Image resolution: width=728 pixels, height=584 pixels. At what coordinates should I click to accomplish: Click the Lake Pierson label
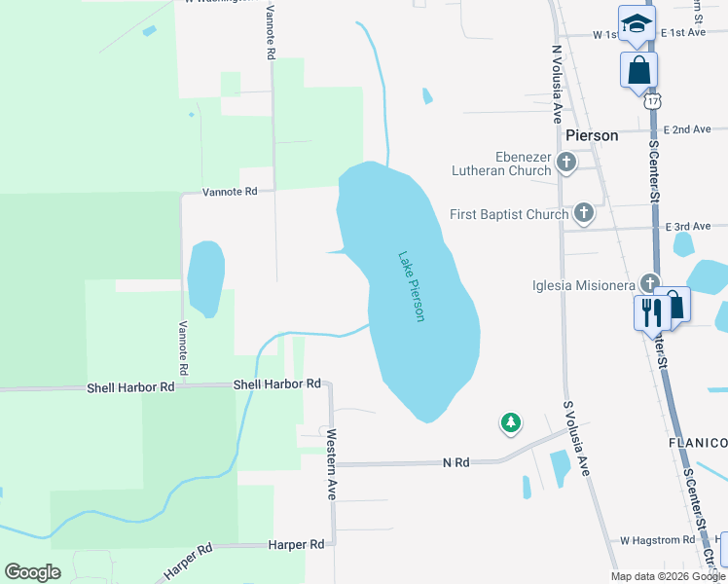[x=412, y=287]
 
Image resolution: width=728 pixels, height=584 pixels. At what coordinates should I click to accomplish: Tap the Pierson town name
[x=591, y=135]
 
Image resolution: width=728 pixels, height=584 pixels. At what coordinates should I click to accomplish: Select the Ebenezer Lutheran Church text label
[x=501, y=164]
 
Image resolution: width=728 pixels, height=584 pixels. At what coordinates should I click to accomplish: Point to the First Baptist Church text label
[x=509, y=214]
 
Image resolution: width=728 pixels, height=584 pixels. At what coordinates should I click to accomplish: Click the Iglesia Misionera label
[x=583, y=285]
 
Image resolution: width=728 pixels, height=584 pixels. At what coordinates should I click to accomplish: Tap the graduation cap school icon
[x=637, y=23]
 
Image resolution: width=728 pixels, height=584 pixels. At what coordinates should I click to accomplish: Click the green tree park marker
[x=510, y=422]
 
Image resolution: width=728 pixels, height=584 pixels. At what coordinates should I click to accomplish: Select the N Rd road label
[x=455, y=461]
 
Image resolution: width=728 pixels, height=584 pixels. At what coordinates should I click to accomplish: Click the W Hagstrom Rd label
[x=658, y=539]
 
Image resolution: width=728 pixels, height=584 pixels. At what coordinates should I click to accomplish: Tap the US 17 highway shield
[x=652, y=100]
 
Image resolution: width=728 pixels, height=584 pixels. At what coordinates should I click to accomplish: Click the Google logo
[x=32, y=571]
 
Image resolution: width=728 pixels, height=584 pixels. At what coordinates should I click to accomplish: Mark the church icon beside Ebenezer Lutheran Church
[x=567, y=162]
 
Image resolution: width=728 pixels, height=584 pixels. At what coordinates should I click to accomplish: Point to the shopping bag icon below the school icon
[x=639, y=70]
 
